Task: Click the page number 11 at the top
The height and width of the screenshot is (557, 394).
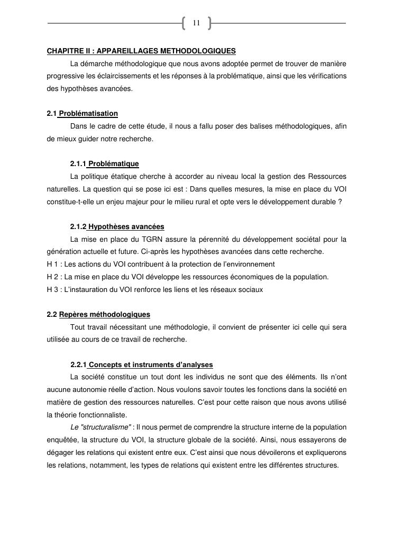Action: coord(196,23)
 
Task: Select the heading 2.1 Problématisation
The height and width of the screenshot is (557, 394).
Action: coord(83,114)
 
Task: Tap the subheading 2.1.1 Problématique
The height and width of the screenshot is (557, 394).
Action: coord(104,164)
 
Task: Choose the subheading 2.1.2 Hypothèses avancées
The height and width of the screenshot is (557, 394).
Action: coord(117,227)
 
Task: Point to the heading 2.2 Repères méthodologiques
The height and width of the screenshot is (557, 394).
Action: coord(98,315)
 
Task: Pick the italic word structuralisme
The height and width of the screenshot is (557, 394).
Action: coord(104,427)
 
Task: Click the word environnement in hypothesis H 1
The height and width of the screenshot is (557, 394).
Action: coord(249,264)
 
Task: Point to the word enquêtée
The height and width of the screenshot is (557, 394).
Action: coord(62,440)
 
